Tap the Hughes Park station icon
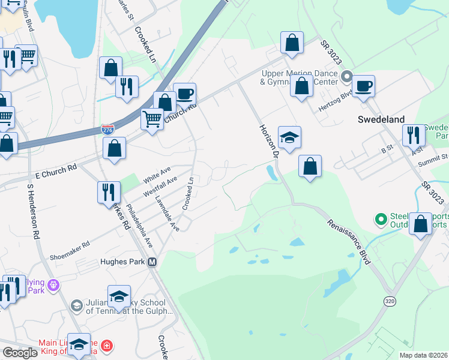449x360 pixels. [152, 262]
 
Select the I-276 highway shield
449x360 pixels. [107, 129]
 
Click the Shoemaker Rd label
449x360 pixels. [70, 249]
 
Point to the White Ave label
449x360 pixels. [158, 175]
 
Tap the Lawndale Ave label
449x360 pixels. [167, 214]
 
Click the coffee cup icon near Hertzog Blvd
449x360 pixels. [363, 85]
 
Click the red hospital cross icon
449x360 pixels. [106, 346]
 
